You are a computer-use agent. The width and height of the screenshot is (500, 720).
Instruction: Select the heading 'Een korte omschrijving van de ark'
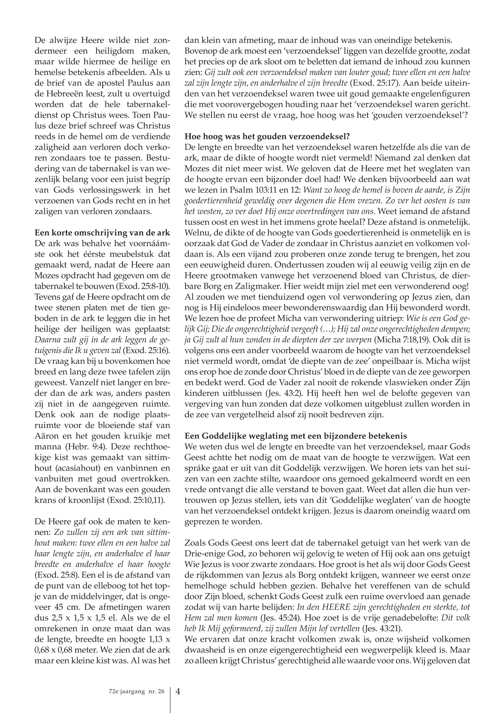click(102, 233)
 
